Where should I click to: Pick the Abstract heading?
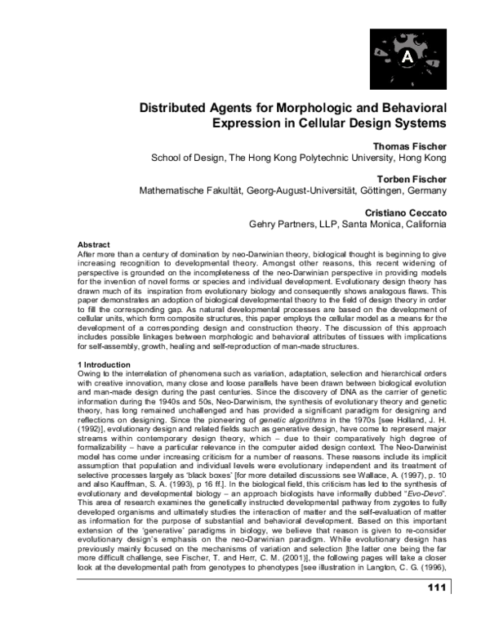coord(95,244)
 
